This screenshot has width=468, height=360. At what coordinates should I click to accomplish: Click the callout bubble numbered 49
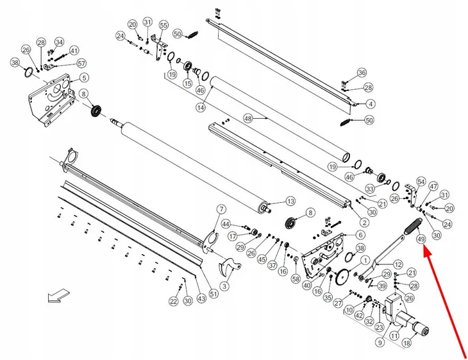coord(421,240)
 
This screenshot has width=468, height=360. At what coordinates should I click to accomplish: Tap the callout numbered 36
coord(362,73)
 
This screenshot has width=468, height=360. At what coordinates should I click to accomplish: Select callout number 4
coord(371,104)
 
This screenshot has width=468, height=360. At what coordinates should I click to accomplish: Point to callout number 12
coord(397,264)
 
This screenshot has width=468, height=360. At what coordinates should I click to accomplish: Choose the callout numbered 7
coord(221,209)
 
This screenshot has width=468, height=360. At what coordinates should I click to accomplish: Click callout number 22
coord(173,301)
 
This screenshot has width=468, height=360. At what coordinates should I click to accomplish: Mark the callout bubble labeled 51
coord(213,295)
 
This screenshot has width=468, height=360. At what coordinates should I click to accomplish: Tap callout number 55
coord(163,25)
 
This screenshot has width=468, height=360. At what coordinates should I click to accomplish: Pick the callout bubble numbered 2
coord(364,222)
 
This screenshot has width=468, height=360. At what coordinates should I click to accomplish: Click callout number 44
coord(226,224)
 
